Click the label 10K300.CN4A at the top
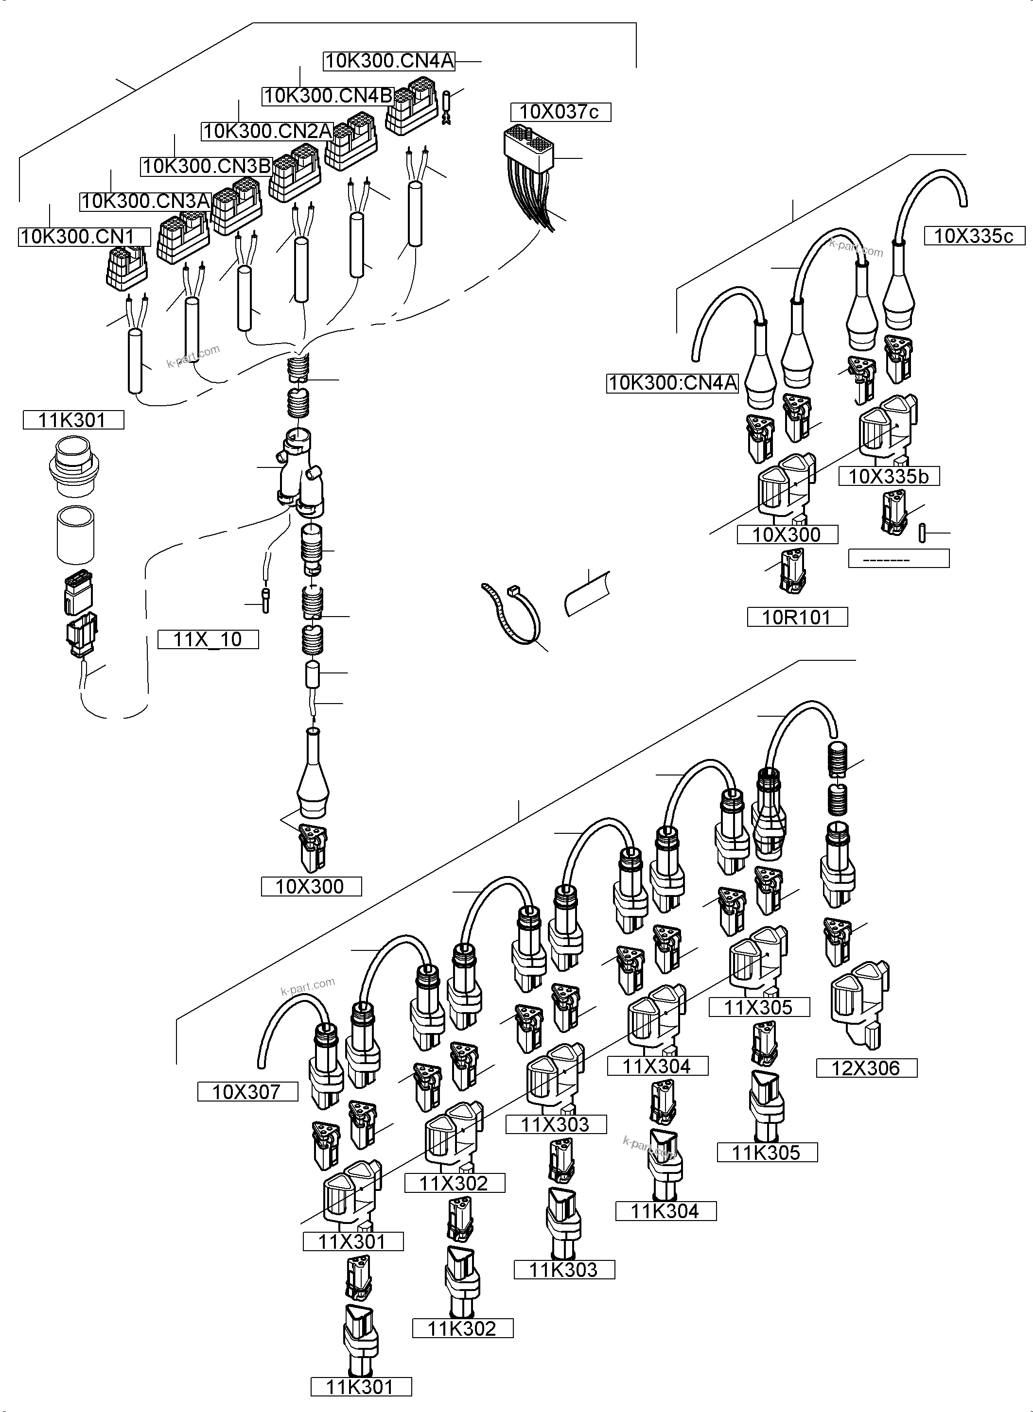pyautogui.click(x=389, y=61)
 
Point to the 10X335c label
pyautogui.click(x=974, y=236)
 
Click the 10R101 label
pyautogui.click(x=797, y=617)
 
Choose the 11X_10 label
pyautogui.click(x=208, y=639)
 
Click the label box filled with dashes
pyautogui.click(x=898, y=558)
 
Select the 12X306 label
pyautogui.click(x=866, y=1068)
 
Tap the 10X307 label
pyautogui.click(x=247, y=1091)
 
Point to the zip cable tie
pyautogui.click(x=511, y=613)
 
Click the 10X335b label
pyautogui.click(x=889, y=476)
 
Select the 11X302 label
pyautogui.click(x=454, y=1183)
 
